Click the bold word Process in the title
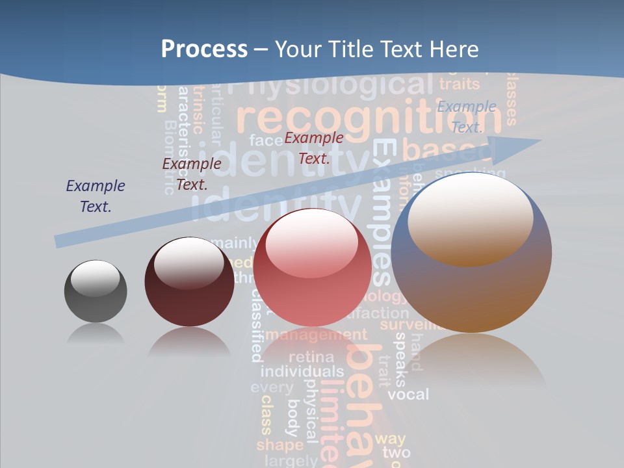(x=204, y=49)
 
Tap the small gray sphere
(x=96, y=291)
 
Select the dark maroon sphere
(x=189, y=281)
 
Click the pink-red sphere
(x=313, y=267)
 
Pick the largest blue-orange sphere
(x=471, y=252)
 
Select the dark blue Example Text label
(x=96, y=196)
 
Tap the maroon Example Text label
(x=192, y=174)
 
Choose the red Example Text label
(x=314, y=148)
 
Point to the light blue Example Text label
(x=467, y=116)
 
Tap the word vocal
(x=408, y=394)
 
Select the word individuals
(x=302, y=372)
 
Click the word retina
(x=311, y=357)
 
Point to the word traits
(x=460, y=84)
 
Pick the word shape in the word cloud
(x=279, y=445)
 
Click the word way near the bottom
(x=390, y=439)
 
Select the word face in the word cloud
(x=265, y=140)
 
